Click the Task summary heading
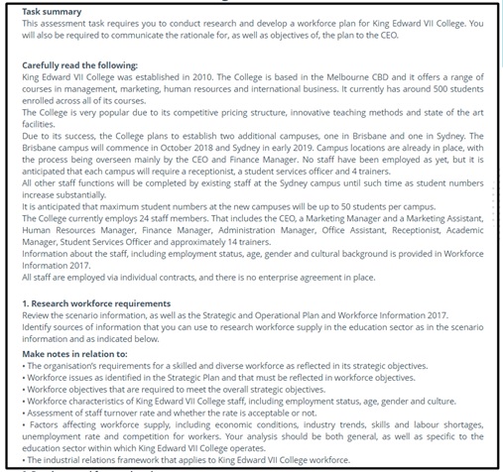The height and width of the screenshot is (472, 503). (x=50, y=10)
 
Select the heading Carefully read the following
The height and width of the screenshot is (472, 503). (x=79, y=64)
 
